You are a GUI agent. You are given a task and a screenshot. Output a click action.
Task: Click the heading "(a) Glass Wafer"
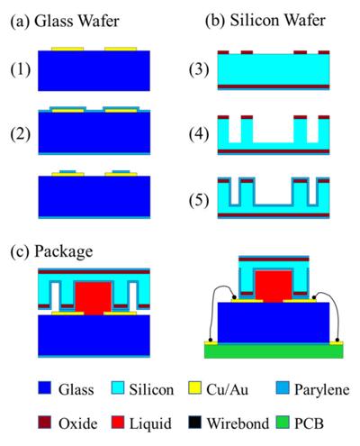65,22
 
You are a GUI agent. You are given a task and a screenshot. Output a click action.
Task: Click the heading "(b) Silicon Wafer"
265,21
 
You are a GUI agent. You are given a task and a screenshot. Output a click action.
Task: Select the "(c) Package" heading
51,251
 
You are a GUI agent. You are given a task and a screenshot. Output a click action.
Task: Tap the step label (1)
21,69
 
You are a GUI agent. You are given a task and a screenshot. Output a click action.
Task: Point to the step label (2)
21,134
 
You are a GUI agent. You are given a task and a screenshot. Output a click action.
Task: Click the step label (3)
199,69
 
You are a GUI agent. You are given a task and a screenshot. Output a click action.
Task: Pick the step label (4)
199,134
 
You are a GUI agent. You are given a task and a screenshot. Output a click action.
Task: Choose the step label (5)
199,200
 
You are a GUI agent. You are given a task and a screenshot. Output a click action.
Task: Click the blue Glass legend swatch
44,387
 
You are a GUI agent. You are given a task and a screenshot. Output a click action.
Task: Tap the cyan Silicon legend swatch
118,387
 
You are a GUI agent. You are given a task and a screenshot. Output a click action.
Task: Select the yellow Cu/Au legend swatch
194,387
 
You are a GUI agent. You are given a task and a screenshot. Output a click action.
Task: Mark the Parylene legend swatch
283,387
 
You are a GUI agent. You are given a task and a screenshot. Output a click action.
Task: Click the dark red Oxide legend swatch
44,422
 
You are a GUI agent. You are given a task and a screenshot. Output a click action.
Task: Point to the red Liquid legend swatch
118,422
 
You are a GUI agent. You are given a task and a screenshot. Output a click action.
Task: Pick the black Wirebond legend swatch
194,422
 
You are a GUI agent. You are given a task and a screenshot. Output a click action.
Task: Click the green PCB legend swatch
283,422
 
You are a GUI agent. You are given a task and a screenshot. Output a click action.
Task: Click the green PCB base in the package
274,351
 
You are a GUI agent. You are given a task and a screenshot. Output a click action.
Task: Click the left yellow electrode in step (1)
67,49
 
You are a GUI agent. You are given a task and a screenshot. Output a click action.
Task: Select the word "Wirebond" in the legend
238,423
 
